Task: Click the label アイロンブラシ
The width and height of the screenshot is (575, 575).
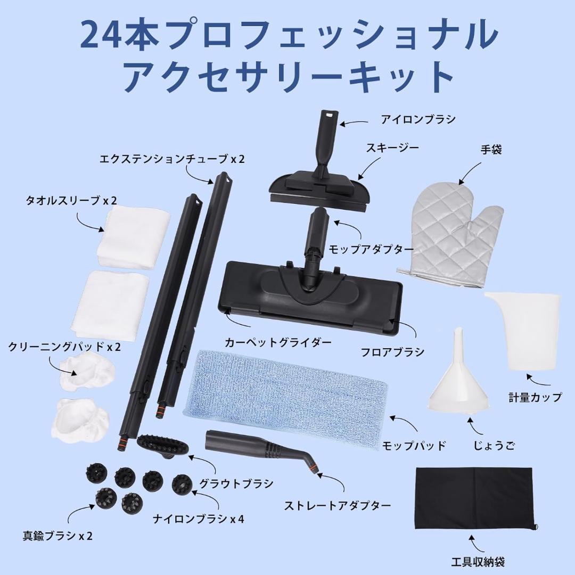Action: point(418,119)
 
